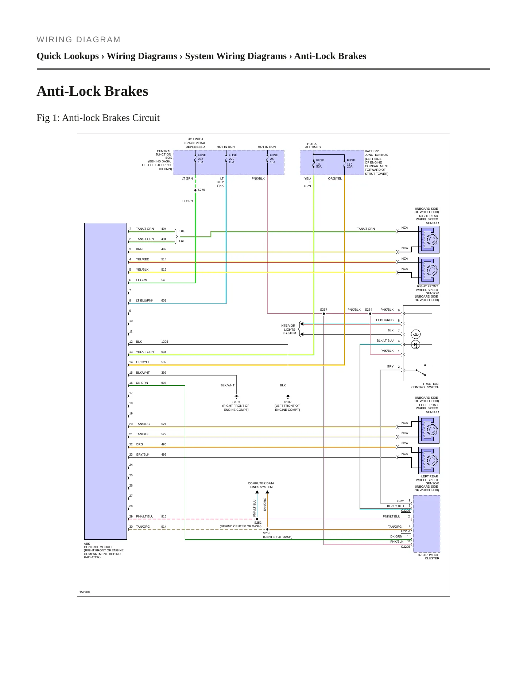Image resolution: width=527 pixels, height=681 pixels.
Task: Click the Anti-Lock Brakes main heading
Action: coord(92,91)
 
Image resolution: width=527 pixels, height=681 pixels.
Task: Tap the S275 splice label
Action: coord(201,190)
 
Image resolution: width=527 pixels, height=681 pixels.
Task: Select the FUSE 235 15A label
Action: coord(202,159)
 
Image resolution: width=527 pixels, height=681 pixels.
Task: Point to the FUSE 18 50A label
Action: coord(320,163)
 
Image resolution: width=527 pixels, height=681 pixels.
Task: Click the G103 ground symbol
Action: coord(236,397)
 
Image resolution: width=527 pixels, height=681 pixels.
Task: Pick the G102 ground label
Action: coord(287,402)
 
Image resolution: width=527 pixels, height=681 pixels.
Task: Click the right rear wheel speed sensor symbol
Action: coord(429,240)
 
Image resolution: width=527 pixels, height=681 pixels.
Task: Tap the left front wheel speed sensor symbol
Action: coord(429,430)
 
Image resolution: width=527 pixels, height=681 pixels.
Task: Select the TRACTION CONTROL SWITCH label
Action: coord(425,386)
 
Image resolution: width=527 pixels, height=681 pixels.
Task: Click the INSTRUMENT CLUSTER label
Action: coord(429,557)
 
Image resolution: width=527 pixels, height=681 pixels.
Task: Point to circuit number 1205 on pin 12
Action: coord(164,342)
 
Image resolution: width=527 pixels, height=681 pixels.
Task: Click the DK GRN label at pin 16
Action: coord(142,383)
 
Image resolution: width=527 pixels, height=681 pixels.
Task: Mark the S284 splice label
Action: coord(368,310)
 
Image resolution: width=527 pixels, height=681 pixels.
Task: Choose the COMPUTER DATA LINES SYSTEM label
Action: coord(261,485)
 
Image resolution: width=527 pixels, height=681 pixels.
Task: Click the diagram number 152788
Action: coord(85,592)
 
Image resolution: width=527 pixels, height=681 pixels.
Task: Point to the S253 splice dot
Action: coord(267,530)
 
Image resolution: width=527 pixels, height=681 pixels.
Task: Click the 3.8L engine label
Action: coord(182,231)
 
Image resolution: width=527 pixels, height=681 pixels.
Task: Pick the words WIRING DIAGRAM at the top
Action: coord(78,40)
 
